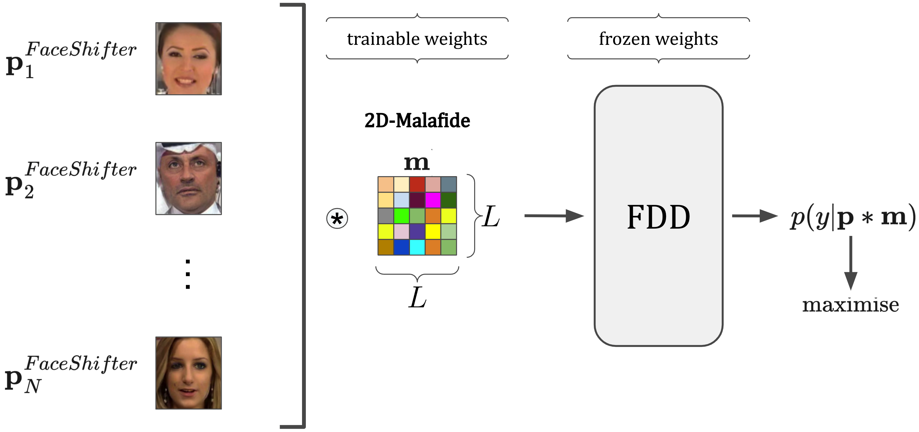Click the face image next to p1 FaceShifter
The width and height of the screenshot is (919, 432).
pos(188,59)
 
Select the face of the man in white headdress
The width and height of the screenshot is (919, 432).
pos(188,178)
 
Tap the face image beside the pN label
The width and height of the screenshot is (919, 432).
pos(188,373)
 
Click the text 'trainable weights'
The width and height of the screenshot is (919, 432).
pos(417,38)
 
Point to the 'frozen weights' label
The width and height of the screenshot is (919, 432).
pos(658,38)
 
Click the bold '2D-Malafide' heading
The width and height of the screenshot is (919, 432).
pos(417,120)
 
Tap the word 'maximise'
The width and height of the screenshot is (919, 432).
pos(850,305)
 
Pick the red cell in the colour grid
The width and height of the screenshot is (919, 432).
pos(417,184)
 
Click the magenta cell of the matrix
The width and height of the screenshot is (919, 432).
pos(433,200)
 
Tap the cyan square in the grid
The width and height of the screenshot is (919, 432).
pos(417,247)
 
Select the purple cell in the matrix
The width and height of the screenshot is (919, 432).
pos(417,231)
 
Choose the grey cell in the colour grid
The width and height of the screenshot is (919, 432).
pos(386,216)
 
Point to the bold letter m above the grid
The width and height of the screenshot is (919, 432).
pos(416,163)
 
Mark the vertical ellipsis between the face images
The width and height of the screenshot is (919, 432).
pos(188,274)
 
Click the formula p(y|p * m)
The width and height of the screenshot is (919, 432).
pos(853,217)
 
